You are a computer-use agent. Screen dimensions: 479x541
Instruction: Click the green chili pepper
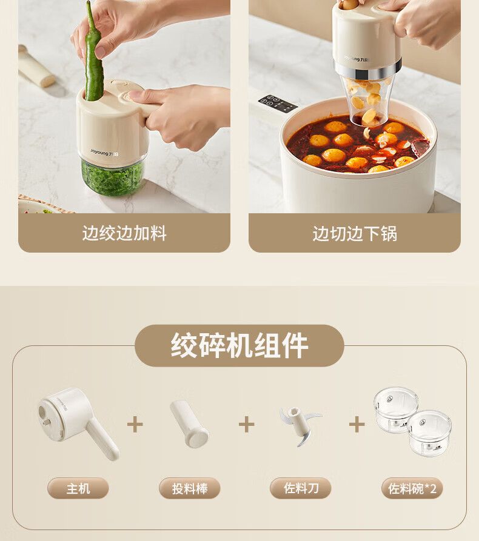[x=93, y=55]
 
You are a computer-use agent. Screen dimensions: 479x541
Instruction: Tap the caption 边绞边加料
[x=124, y=233]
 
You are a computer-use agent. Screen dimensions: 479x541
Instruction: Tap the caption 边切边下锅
[x=355, y=234]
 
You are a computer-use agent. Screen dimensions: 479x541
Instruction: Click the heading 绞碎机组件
[x=239, y=345]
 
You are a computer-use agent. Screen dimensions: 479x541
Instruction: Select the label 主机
[x=78, y=488]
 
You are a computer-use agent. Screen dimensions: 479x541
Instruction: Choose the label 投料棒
[x=190, y=488]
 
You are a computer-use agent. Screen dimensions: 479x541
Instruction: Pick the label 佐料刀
[x=301, y=488]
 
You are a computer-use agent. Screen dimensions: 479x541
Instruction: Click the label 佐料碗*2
[x=412, y=488]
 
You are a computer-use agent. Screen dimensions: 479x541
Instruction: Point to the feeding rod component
[x=189, y=423]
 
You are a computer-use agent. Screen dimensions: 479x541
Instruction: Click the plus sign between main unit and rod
[x=135, y=425]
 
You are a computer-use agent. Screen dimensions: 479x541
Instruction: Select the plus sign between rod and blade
[x=246, y=425]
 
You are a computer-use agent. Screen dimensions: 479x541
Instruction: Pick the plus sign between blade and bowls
[x=357, y=425]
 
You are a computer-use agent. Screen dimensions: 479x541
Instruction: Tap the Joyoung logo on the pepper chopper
[x=104, y=152]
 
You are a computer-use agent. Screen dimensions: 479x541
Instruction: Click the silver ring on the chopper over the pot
[x=367, y=71]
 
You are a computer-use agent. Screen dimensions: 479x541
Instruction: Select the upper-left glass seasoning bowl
[x=396, y=409]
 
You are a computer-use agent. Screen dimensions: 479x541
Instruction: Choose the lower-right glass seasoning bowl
[x=429, y=433]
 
